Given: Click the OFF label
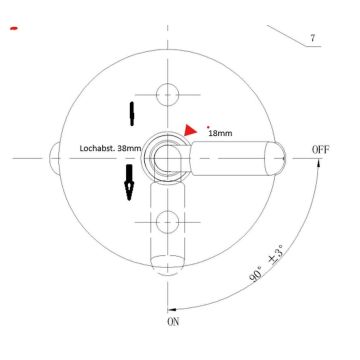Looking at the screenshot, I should coord(320,150).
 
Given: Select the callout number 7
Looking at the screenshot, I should coord(313,39).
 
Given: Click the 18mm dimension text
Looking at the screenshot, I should coord(221,131).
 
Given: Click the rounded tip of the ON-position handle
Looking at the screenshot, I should coord(168,262).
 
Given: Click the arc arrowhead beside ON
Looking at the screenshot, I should coord(176,307).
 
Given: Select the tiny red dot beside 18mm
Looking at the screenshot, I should coord(207,126).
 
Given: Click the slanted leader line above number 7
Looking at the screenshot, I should coord(291,35).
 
